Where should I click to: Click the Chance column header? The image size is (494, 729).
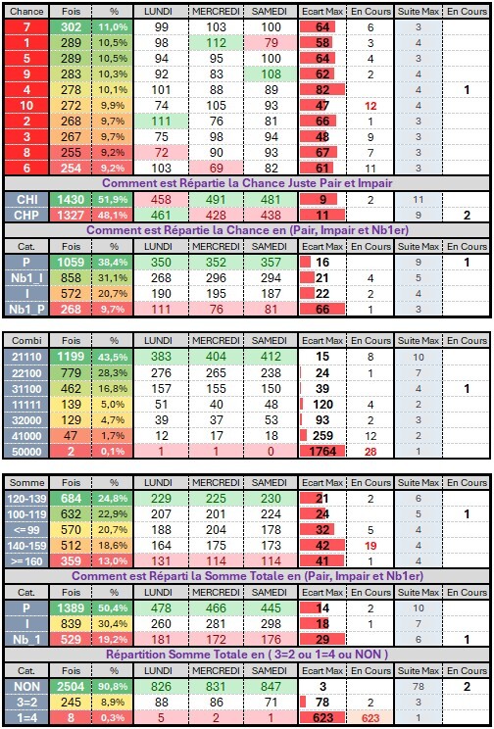click(26, 12)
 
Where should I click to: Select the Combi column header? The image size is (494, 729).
click(26, 340)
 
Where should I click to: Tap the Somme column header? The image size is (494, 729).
click(26, 483)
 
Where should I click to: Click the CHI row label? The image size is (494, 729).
click(26, 200)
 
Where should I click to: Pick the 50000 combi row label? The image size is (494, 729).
click(26, 452)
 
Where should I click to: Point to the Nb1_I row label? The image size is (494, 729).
click(26, 278)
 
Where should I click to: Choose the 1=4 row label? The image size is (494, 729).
click(26, 718)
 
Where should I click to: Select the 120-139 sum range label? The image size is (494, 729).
click(26, 499)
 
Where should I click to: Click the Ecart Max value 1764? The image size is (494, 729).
click(323, 452)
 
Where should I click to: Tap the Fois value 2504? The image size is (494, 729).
click(71, 687)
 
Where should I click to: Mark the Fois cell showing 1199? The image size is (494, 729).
click(71, 357)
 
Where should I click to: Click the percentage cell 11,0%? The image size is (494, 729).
click(113, 27)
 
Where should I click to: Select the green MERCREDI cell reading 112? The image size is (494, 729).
click(217, 43)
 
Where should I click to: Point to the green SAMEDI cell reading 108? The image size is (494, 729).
click(272, 74)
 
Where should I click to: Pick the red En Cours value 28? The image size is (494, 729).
click(370, 452)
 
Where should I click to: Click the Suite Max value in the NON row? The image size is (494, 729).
click(418, 687)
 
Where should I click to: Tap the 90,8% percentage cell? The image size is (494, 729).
click(113, 687)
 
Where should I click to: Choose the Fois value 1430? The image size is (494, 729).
click(71, 200)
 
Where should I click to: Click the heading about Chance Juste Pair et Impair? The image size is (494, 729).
click(247, 182)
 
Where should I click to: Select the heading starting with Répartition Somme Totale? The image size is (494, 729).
click(247, 655)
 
